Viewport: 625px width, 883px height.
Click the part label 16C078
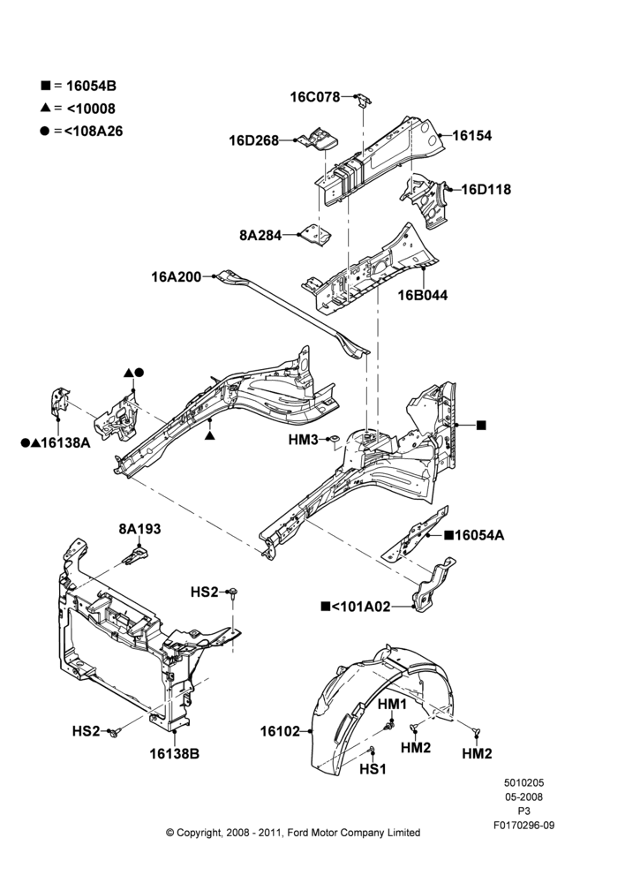[x=315, y=97]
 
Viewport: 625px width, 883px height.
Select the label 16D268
[x=253, y=140]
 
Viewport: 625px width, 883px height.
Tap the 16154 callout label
[x=472, y=136]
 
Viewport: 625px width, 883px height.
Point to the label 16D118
[x=486, y=189]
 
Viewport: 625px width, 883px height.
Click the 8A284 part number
[x=260, y=236]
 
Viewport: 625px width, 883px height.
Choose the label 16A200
[x=176, y=277]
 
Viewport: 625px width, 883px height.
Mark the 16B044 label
[x=423, y=295]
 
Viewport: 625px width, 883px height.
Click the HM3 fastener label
[x=304, y=440]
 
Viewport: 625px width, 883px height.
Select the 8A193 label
[x=139, y=529]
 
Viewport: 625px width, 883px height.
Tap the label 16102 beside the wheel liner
[x=280, y=731]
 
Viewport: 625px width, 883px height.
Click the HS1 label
[x=373, y=769]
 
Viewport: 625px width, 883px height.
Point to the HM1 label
[x=392, y=704]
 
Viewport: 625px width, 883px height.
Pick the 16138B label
[x=174, y=753]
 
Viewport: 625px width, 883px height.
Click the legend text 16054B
[x=91, y=87]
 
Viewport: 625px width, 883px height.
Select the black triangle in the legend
[x=46, y=107]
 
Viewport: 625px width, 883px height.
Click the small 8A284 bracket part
[x=314, y=233]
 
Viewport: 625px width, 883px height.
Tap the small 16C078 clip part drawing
[x=364, y=99]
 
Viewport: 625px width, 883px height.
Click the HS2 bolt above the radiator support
[x=233, y=592]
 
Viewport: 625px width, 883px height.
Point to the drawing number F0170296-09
[x=523, y=826]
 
